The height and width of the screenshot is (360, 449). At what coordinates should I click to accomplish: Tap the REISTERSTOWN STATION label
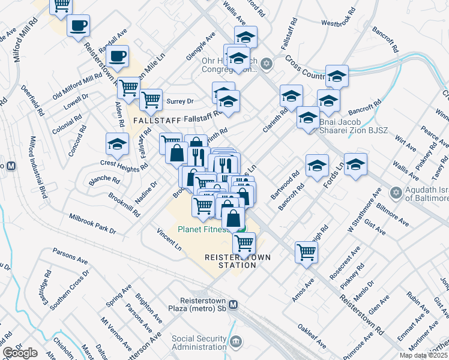[x=238, y=261]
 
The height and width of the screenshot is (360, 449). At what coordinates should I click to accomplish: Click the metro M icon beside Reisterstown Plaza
[x=233, y=304]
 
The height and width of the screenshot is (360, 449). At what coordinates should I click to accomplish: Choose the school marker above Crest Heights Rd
[x=117, y=143]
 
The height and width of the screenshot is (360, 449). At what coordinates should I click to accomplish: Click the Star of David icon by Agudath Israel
[x=396, y=193]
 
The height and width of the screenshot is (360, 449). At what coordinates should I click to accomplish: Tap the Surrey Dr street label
[x=180, y=101]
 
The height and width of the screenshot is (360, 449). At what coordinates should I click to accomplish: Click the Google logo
[x=20, y=353]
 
